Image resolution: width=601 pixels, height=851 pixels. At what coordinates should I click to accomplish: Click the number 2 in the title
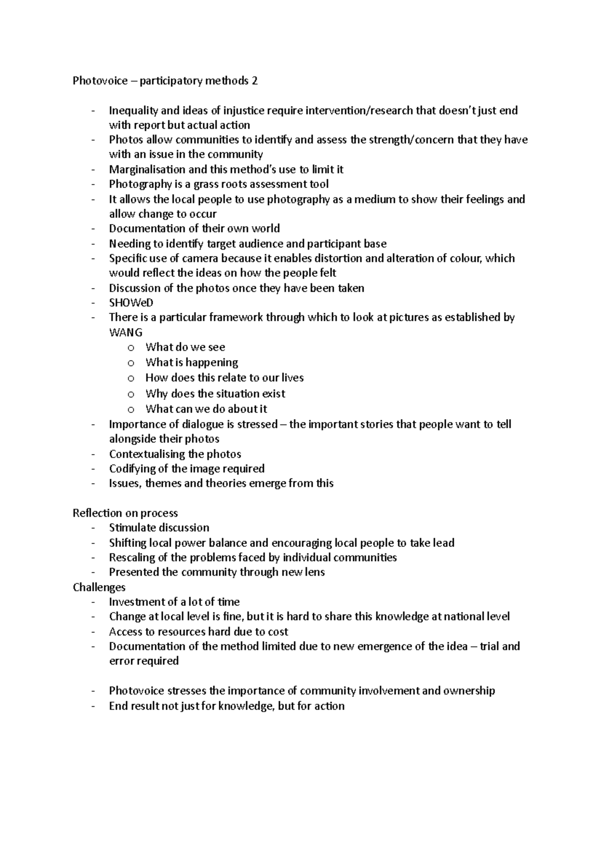255,81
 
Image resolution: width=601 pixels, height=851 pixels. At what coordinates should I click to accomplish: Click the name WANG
126,332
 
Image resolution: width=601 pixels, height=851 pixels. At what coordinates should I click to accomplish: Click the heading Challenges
99,587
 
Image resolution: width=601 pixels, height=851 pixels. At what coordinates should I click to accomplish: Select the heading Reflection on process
125,513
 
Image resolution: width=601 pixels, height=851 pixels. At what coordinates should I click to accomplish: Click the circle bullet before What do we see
131,348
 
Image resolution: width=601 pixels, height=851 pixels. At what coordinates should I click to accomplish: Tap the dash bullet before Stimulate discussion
93,528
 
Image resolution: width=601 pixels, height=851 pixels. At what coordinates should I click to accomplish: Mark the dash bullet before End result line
93,706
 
